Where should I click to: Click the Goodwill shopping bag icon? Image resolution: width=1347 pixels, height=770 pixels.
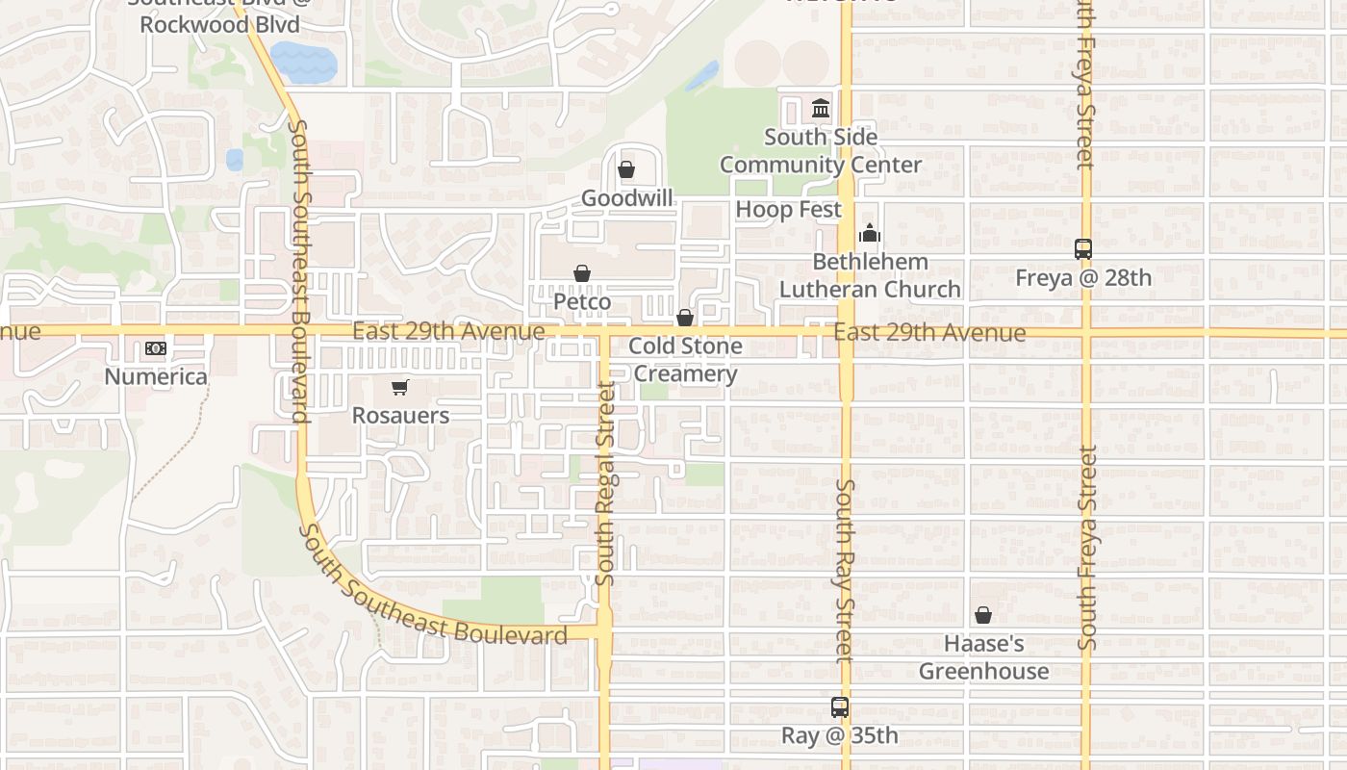click(626, 170)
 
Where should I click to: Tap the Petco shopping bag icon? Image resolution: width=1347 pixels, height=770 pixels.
click(582, 274)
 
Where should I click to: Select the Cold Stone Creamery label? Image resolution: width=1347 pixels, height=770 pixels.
click(685, 360)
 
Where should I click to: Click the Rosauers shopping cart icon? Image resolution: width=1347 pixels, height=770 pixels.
click(400, 388)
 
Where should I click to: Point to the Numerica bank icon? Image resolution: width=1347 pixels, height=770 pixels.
click(155, 348)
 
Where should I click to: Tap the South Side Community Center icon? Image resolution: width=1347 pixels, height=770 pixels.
click(821, 109)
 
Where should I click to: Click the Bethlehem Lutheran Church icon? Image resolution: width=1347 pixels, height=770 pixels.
click(870, 233)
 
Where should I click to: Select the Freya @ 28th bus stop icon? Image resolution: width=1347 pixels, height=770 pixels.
click(1083, 249)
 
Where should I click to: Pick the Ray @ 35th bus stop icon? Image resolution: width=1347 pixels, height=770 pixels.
click(840, 707)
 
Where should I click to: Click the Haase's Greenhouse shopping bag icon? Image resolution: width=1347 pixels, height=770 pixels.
click(983, 615)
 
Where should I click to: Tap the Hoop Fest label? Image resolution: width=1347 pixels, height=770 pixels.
click(789, 210)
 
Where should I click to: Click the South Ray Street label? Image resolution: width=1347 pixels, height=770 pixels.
click(845, 571)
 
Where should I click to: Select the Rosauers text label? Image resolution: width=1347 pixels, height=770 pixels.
click(400, 416)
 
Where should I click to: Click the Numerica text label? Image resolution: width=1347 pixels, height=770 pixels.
click(156, 376)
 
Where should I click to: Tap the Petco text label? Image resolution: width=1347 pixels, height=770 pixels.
click(582, 302)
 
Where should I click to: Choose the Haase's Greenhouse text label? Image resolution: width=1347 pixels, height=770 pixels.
click(983, 657)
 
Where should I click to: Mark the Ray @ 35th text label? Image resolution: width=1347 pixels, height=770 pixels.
click(840, 736)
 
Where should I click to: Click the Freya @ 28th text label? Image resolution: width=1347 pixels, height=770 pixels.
click(1083, 278)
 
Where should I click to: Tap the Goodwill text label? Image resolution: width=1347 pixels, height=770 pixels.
click(626, 198)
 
